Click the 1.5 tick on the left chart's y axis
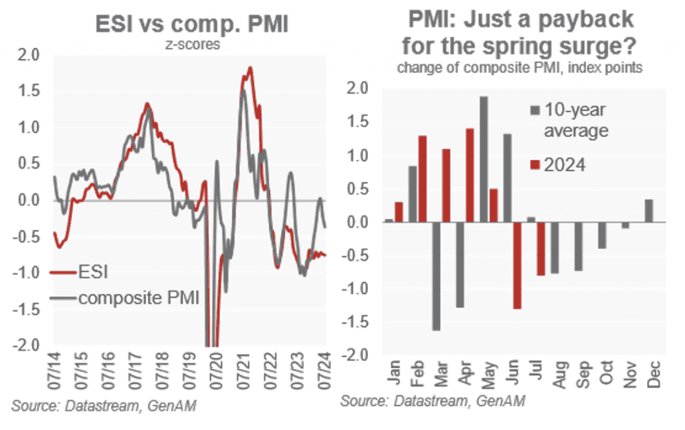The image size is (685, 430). point(33,90)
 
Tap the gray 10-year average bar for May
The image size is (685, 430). point(483,159)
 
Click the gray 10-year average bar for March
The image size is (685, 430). point(435,276)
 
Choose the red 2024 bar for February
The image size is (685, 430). point(422,179)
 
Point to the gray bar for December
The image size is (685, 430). point(648,211)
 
